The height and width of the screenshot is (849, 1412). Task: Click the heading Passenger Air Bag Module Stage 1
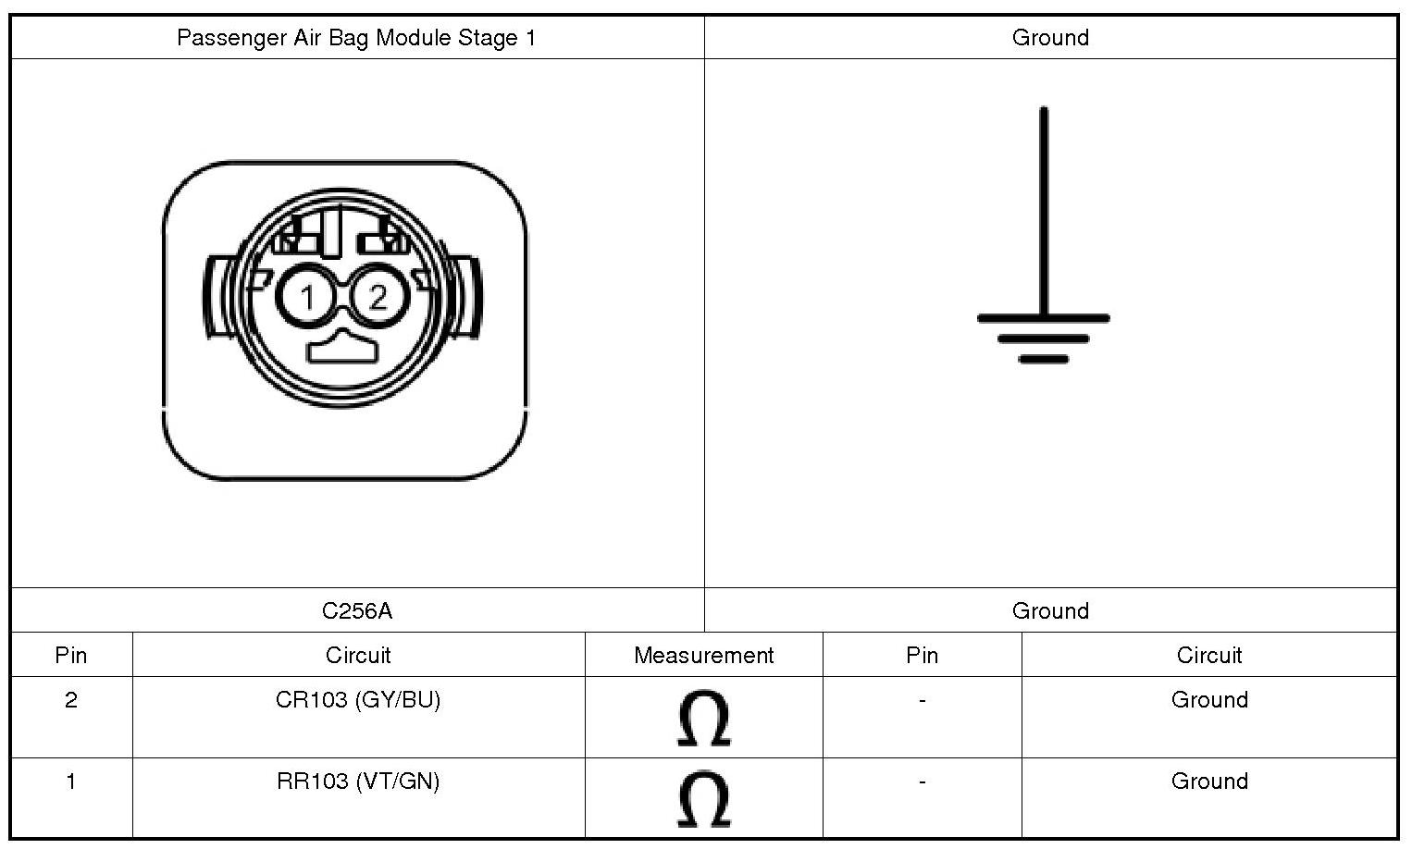(x=356, y=38)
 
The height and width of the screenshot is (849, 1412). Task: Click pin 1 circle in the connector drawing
(x=307, y=297)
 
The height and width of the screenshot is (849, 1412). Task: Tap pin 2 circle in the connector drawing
(x=378, y=297)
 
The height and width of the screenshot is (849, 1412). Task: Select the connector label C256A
(x=357, y=611)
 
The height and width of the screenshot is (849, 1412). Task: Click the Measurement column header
(x=703, y=655)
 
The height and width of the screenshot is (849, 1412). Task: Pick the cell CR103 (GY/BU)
(x=358, y=700)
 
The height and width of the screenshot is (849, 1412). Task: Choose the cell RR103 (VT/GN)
(x=358, y=781)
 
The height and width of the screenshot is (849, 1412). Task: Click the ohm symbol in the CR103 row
(x=704, y=718)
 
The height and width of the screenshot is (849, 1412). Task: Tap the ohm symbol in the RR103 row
(x=704, y=799)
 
